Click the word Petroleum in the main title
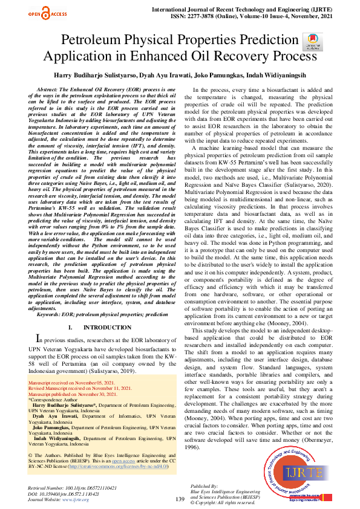pos(97,42)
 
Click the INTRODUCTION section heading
pos(106,327)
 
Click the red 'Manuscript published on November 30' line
pos(75,394)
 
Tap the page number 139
pos(180,499)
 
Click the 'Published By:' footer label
pos(204,485)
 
